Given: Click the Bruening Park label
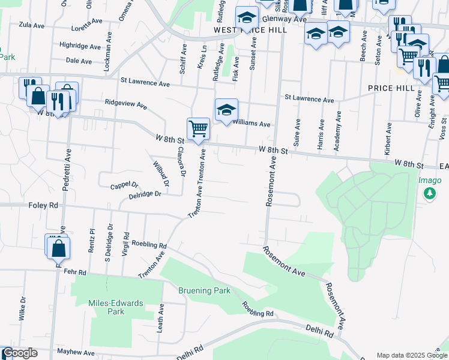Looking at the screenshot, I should (x=205, y=290).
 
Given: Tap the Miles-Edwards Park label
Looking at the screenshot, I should (x=116, y=307).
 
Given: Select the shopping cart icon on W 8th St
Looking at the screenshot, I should (x=198, y=128).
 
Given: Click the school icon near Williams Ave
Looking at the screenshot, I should (x=226, y=110).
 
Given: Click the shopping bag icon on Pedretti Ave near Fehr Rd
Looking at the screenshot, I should (x=59, y=248).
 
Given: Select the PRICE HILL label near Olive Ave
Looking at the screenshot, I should (x=391, y=88).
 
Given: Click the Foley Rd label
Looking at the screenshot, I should (x=43, y=205).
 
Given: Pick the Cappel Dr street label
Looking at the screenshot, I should (x=124, y=186).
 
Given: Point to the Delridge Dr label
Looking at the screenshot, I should (x=145, y=194).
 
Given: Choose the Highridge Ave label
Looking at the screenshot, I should (x=80, y=46).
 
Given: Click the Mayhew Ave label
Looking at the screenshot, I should (x=76, y=352).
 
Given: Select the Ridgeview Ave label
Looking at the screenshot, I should (x=125, y=104).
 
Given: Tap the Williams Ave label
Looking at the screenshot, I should (x=251, y=124).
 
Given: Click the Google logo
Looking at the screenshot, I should (x=20, y=353).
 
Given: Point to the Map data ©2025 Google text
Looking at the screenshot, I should (x=411, y=355).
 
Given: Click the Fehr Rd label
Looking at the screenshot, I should (x=74, y=272).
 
